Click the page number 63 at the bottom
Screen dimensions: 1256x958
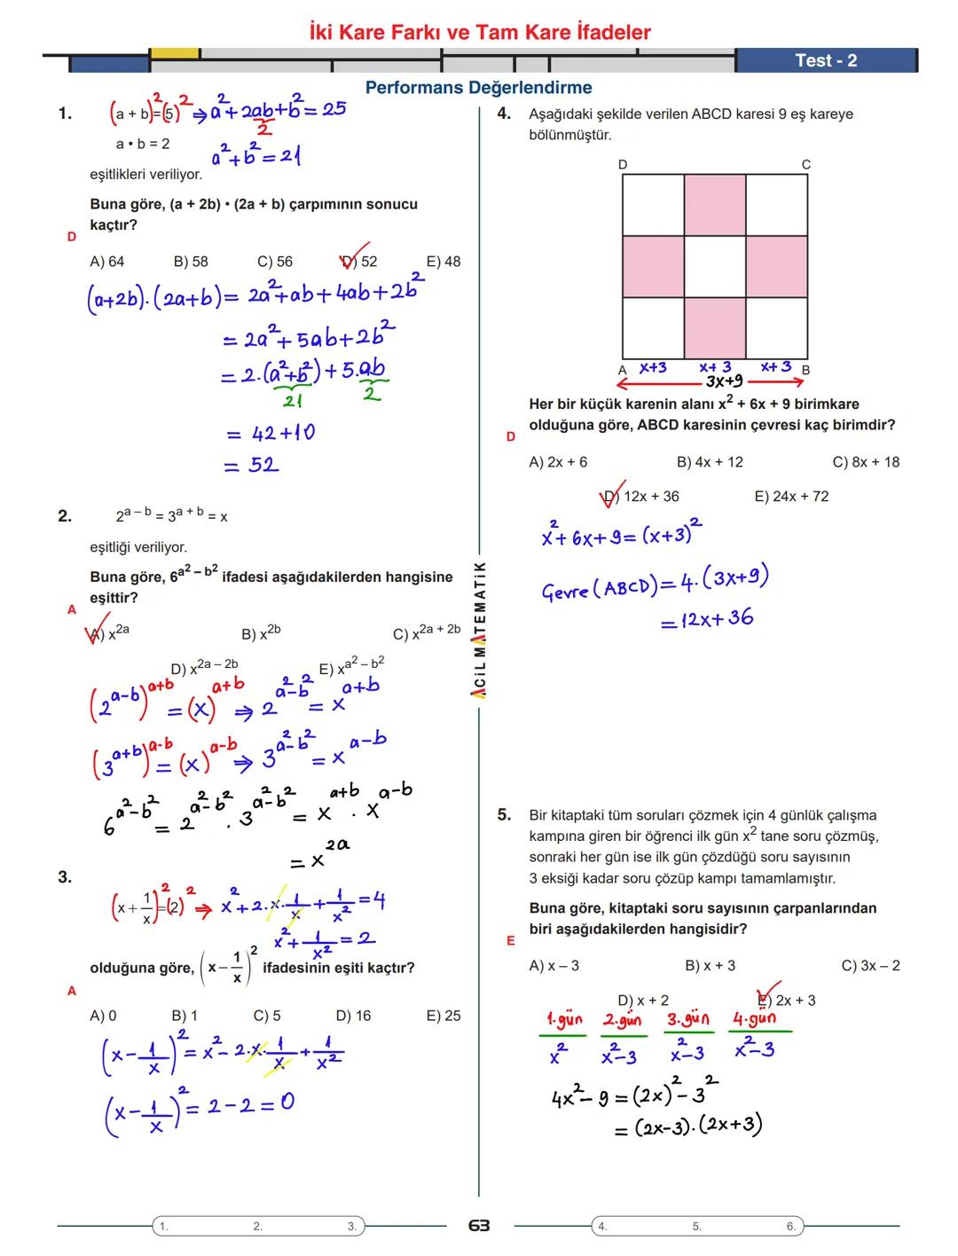479,1225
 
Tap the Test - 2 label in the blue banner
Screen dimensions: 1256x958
826,60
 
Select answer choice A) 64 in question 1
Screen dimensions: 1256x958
107,262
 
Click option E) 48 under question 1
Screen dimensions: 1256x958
444,262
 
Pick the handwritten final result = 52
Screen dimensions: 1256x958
252,465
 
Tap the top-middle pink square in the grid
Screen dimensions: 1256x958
715,205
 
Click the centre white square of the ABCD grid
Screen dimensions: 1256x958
715,267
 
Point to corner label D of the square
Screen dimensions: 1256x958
623,165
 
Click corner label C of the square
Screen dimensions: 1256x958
805,165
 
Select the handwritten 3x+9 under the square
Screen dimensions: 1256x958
725,382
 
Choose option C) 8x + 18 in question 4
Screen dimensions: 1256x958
866,462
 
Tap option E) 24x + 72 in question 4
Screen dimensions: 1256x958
791,497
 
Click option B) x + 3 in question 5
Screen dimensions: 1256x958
710,965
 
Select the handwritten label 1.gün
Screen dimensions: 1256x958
564,1019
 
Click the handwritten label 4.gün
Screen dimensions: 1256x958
754,1019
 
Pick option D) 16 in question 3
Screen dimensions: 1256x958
353,1016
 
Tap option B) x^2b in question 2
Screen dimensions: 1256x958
261,633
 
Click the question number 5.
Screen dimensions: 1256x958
504,814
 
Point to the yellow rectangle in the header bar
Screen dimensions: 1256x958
175,53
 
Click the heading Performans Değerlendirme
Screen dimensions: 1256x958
479,88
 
